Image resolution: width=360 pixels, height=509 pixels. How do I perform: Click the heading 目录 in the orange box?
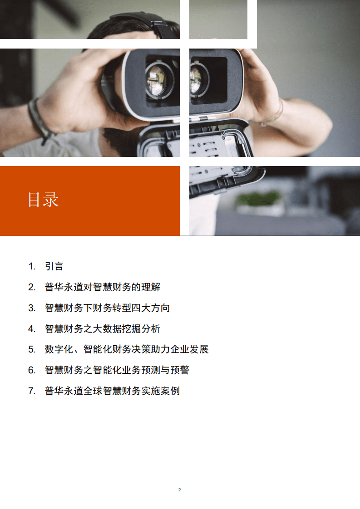point(43,200)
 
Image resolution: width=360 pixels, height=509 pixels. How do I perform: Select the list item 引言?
point(54,266)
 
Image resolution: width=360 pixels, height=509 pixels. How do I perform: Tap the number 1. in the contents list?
point(31,266)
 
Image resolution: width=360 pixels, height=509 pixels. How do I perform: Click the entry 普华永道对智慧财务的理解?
point(102,287)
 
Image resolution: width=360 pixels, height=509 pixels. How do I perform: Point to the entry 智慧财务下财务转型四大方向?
point(107,308)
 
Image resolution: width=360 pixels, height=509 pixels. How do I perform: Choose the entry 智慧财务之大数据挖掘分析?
point(102,329)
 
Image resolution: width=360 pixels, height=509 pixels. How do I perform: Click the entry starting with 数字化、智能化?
point(126,349)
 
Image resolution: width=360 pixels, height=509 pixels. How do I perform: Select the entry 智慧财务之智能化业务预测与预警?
point(117,370)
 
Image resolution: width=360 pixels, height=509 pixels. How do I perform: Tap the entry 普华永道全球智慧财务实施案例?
point(112,391)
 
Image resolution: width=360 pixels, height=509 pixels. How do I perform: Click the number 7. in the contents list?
point(31,391)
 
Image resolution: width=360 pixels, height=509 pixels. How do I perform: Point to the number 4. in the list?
point(31,329)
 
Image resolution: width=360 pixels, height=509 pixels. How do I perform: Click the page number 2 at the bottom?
point(180,490)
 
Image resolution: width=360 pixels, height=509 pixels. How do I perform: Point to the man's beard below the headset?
point(118,141)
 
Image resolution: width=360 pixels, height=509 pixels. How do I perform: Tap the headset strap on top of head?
point(141,20)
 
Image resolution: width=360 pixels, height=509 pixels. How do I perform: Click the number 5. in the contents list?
point(31,349)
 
